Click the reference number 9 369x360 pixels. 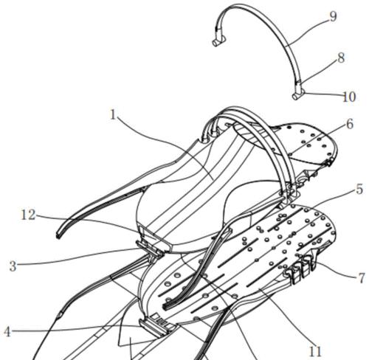[333, 17]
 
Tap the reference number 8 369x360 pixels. [341, 58]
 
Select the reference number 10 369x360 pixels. [349, 97]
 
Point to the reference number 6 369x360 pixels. [350, 124]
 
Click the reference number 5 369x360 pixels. [359, 190]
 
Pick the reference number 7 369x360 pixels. [361, 278]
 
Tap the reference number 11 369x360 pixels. [315, 352]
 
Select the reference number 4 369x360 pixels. [7, 332]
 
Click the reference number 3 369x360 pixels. [13, 266]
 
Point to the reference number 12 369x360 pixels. [28, 215]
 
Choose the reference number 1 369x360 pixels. [113, 114]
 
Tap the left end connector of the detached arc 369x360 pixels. [219, 41]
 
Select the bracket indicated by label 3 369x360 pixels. [150, 248]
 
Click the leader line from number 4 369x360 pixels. [76, 328]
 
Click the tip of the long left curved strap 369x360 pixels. [58, 235]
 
